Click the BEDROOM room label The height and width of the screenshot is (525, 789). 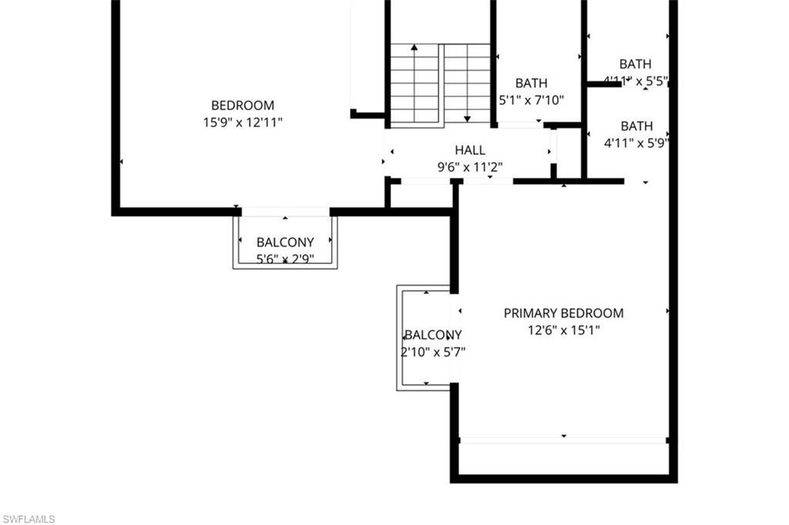pyautogui.click(x=243, y=105)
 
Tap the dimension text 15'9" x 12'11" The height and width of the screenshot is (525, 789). pyautogui.click(x=243, y=122)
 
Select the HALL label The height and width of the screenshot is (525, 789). pyautogui.click(x=470, y=150)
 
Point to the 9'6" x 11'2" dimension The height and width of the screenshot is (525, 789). pyautogui.click(x=470, y=167)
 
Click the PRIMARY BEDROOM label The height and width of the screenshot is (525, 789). pyautogui.click(x=563, y=313)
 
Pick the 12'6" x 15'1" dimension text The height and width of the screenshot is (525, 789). pyautogui.click(x=563, y=330)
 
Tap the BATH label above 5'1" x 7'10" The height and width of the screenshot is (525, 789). pyautogui.click(x=532, y=83)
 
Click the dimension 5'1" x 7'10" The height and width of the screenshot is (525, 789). pyautogui.click(x=532, y=99)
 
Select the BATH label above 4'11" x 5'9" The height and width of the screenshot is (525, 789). pyautogui.click(x=636, y=126)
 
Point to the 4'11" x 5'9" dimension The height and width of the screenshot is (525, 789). pyautogui.click(x=636, y=142)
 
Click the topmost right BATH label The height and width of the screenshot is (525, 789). pyautogui.click(x=635, y=64)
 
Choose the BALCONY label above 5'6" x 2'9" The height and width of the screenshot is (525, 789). pyautogui.click(x=285, y=242)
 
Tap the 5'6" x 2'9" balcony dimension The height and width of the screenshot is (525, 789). pyautogui.click(x=285, y=259)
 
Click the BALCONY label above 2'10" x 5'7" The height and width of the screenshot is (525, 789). pyautogui.click(x=433, y=335)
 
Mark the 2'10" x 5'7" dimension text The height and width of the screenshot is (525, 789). pyautogui.click(x=433, y=352)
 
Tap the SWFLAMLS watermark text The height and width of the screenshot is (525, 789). pyautogui.click(x=29, y=519)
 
